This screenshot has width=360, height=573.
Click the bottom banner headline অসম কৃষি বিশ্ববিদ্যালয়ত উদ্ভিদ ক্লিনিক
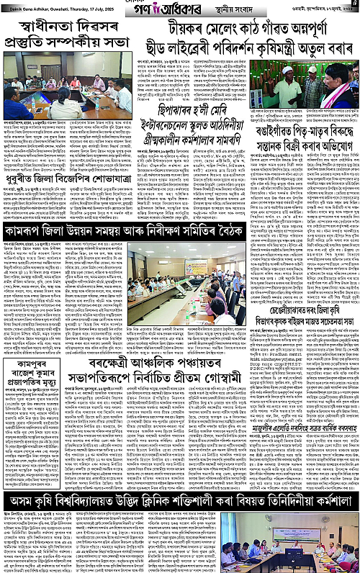(x=179, y=500)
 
